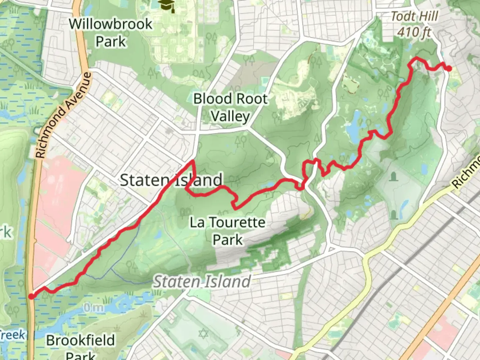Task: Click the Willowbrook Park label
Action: coord(110,33)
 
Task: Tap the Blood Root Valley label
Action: coord(230,107)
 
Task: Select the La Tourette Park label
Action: coord(228,231)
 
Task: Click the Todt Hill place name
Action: coord(414,16)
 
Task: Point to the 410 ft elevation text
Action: coord(414,32)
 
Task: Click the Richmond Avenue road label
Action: coord(63,115)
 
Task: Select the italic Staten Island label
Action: coord(202,282)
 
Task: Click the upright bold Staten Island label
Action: coord(171,180)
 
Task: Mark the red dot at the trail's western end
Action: coord(31,296)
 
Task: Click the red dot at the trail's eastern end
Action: coord(449,69)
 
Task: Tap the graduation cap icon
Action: coord(166,6)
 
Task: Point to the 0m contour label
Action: coord(94,307)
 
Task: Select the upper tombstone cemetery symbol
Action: coord(394,176)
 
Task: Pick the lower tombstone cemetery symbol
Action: coord(394,214)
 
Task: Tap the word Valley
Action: coord(230,116)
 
